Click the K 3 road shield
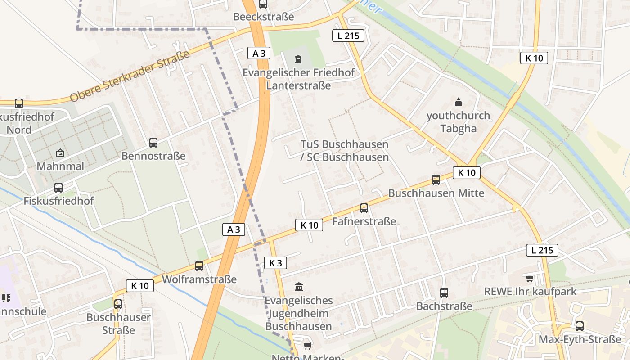coord(275,263)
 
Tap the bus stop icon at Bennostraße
coord(153,143)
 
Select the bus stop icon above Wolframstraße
coord(199,266)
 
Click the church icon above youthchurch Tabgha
coord(459,103)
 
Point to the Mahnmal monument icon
coord(60,153)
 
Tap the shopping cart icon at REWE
coord(530,279)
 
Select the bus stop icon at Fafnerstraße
coord(364,208)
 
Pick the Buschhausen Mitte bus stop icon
coord(436,180)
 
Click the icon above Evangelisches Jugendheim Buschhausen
coord(298,287)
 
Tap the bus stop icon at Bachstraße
coord(444,293)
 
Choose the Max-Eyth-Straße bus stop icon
coord(580,326)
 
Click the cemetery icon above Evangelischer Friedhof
coord(298,59)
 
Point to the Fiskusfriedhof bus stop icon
coord(58,188)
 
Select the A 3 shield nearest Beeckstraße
coord(259,53)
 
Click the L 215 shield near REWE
coord(542,250)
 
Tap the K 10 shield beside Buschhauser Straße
coord(139,285)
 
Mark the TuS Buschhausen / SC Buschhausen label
coord(344,151)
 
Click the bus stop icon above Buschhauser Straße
coord(118,304)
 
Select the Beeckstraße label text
coord(263,17)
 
